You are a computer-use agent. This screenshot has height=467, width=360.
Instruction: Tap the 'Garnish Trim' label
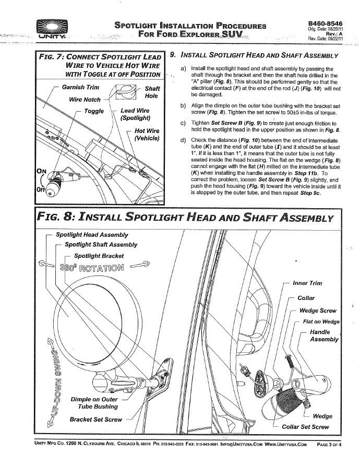[x=80, y=87]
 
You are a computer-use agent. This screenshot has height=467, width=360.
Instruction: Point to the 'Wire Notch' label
[x=85, y=99]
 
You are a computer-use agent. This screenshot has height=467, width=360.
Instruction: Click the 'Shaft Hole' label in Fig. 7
[x=152, y=93]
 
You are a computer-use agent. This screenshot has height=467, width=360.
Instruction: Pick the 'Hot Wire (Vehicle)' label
[x=147, y=134]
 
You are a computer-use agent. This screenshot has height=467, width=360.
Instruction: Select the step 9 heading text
[x=259, y=56]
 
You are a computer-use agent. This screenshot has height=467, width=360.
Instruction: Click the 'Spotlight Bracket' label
[x=99, y=256]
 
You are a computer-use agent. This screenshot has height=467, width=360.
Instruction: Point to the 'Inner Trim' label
[x=307, y=283]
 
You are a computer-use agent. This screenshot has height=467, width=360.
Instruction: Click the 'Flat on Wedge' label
[x=321, y=322]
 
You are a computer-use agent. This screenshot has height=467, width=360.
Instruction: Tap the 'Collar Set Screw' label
[x=305, y=427]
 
